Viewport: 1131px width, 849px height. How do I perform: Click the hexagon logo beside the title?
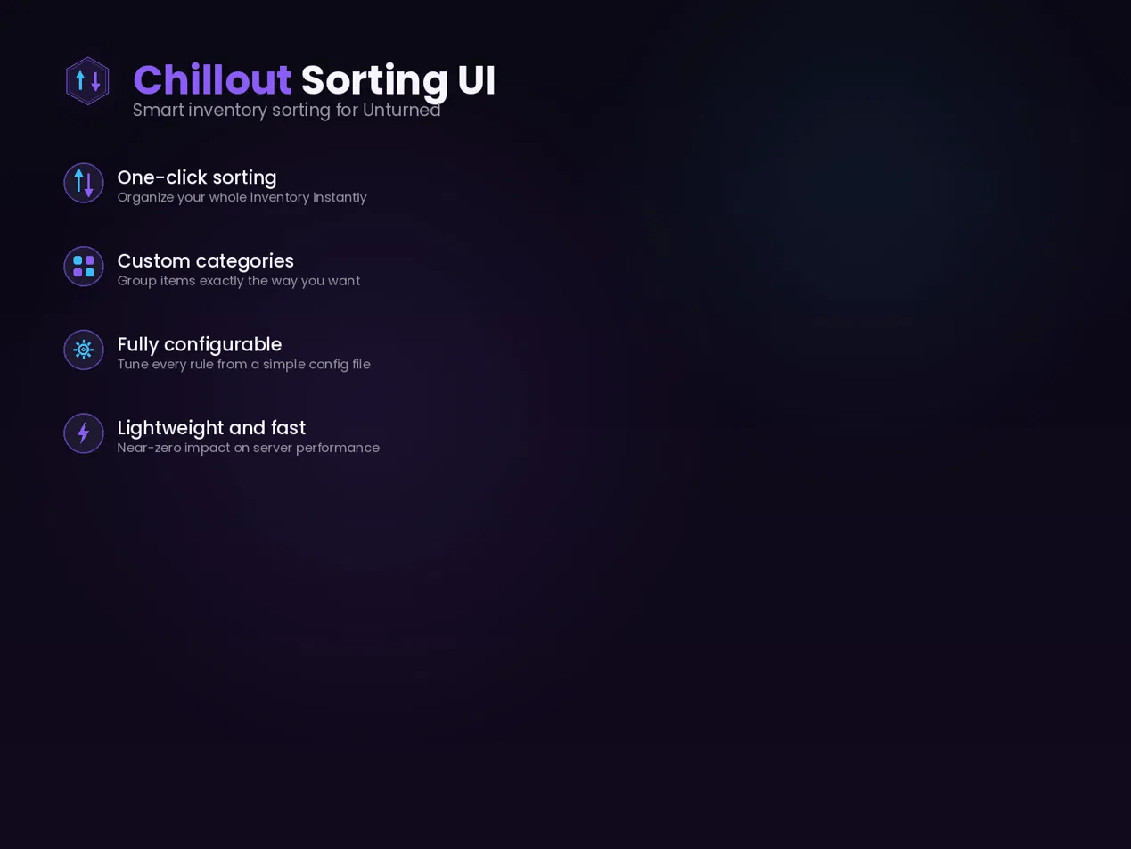[x=87, y=81]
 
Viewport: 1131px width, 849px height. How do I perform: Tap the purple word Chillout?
[x=212, y=80]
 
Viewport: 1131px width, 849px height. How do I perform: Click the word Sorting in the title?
[x=374, y=81]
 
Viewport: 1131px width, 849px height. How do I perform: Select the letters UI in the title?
[x=477, y=80]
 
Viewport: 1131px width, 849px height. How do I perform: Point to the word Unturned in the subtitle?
[x=401, y=110]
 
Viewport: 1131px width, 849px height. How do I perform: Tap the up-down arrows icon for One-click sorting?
[x=84, y=183]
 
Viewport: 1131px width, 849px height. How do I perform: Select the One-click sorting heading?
[x=197, y=177]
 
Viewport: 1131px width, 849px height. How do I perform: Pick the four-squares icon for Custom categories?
[x=84, y=267]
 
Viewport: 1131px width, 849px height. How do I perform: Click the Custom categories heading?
[x=206, y=261]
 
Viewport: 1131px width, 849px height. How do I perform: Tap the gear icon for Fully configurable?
[x=84, y=350]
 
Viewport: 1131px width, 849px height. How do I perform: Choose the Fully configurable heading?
[x=200, y=344]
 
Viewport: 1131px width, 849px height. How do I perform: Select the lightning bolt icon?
[x=84, y=433]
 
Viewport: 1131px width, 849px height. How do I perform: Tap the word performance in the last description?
[x=338, y=448]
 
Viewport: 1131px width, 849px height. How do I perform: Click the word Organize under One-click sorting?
[x=146, y=198]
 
